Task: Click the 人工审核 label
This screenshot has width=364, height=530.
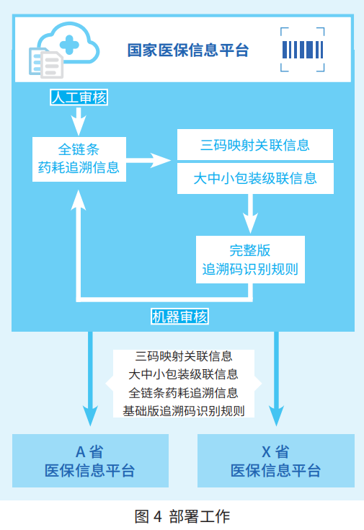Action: click(x=78, y=97)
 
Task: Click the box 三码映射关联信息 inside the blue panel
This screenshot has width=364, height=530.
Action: click(x=255, y=145)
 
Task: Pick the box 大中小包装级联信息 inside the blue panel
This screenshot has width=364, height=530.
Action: click(x=255, y=177)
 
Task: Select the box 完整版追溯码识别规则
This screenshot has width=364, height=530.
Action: click(x=249, y=260)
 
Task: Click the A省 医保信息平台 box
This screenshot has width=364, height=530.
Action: click(x=90, y=461)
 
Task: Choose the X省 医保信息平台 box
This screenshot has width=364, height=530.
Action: click(x=275, y=461)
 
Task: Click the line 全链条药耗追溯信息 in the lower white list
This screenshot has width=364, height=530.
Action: click(x=184, y=393)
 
